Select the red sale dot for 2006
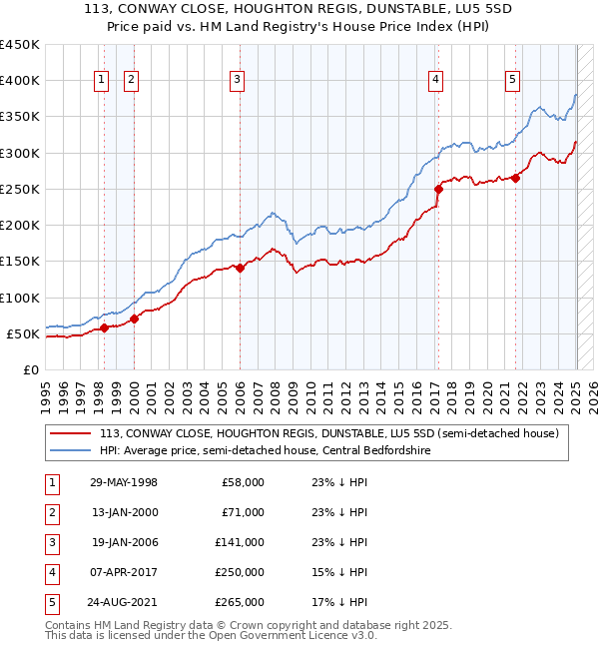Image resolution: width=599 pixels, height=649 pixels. click(241, 268)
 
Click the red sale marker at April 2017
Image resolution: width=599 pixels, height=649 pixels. click(438, 188)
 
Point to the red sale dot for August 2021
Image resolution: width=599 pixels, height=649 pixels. click(516, 178)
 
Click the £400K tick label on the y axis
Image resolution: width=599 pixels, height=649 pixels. click(20, 81)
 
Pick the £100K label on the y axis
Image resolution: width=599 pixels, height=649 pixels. click(20, 298)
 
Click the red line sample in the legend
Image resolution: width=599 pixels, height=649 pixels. click(70, 433)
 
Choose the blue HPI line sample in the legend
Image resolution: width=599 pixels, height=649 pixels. click(70, 451)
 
